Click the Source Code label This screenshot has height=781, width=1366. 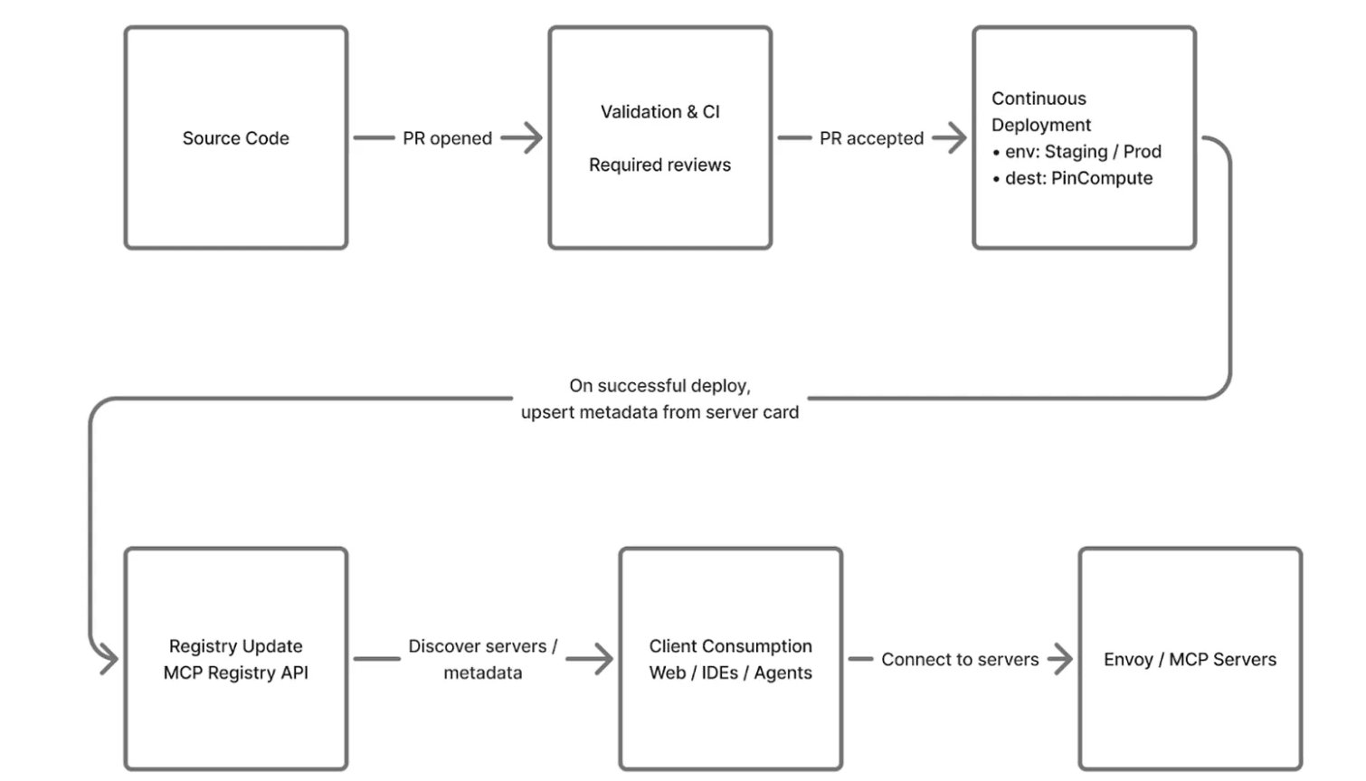coord(235,138)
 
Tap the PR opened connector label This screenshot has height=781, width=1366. coord(447,138)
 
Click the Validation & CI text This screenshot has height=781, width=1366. coord(659,112)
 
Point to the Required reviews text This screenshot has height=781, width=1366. coord(659,165)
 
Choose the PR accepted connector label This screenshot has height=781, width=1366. coord(871,138)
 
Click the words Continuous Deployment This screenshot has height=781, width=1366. coord(1040,111)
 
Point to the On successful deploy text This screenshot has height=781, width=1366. coord(659,386)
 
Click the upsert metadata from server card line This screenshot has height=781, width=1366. coord(659,412)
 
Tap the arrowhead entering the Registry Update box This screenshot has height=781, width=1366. coord(108,659)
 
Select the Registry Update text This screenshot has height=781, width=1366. coord(235,646)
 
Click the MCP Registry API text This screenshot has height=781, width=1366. coord(235,673)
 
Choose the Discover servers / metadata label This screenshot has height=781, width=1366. coord(482,659)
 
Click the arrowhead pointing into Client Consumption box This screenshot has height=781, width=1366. coord(602,659)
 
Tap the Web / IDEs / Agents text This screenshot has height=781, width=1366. coord(730,673)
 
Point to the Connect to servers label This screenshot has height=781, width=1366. coord(960,660)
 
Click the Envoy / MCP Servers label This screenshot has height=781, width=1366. coord(1190,660)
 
